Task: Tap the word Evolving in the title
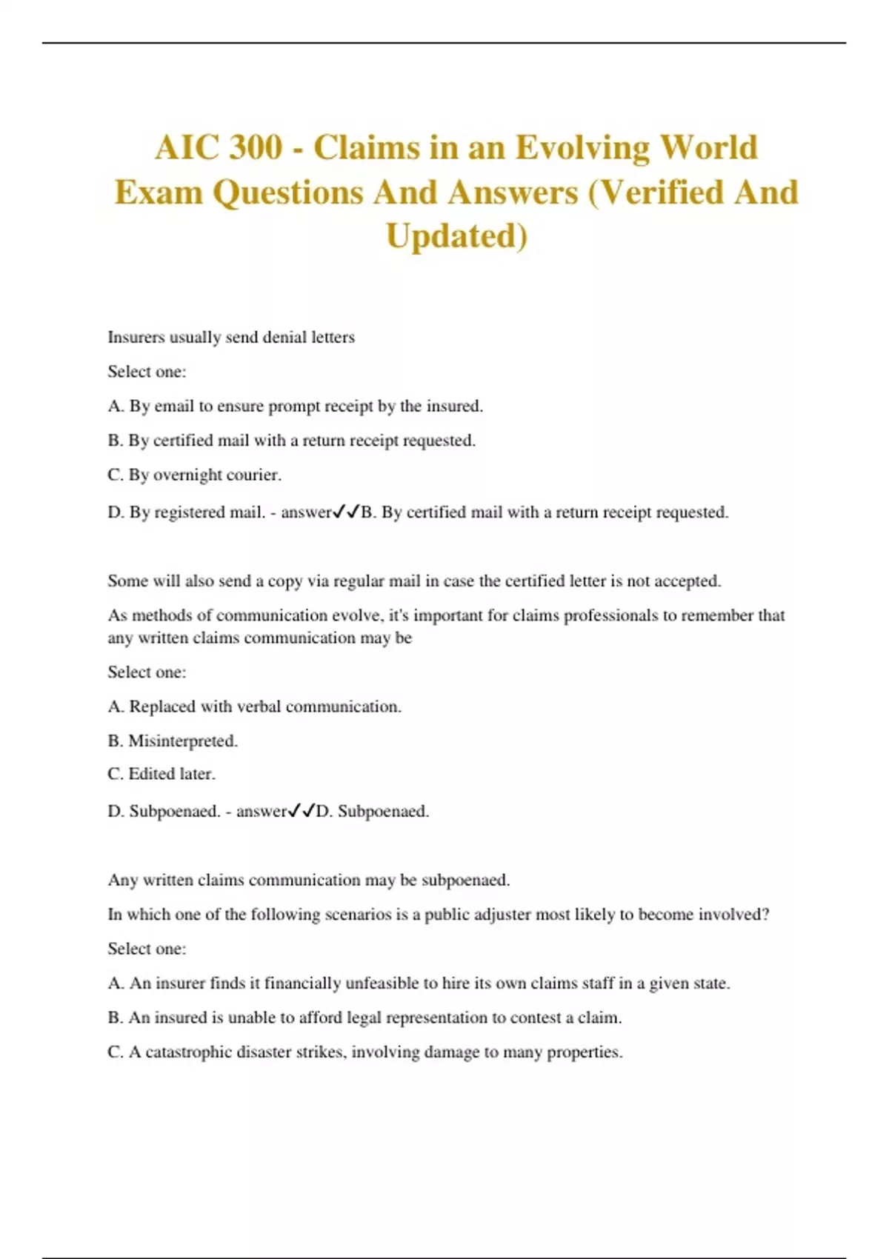[x=582, y=147]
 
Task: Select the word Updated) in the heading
[x=456, y=236]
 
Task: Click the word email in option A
[x=174, y=407]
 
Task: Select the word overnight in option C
[x=187, y=475]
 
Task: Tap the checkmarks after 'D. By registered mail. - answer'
[x=346, y=512]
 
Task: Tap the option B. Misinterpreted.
[x=173, y=741]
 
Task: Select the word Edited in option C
[x=151, y=775]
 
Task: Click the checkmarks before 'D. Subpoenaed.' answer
[x=302, y=811]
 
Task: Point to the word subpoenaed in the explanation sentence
[x=465, y=881]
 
